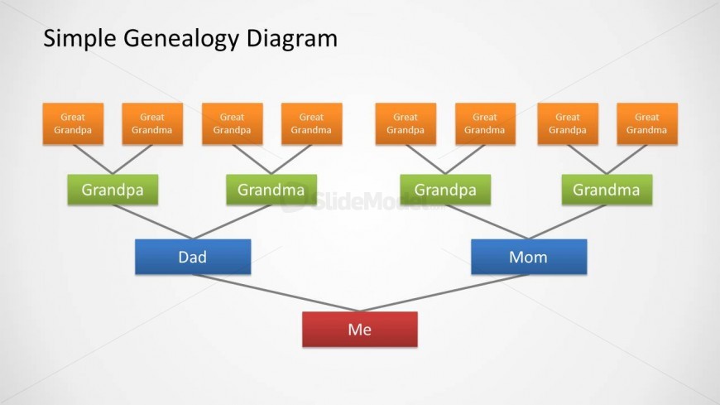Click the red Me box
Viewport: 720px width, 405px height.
359,329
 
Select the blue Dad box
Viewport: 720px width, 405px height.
193,257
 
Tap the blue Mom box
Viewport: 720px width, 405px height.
529,257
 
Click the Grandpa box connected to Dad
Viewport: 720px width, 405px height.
113,190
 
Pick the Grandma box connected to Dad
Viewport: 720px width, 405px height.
271,190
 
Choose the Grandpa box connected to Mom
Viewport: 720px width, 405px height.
445,190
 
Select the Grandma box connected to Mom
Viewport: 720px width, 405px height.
607,190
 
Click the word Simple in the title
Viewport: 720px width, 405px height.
79,39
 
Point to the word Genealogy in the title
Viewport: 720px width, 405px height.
181,39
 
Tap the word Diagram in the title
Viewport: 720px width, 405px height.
292,39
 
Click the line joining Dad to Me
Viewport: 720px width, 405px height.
276,293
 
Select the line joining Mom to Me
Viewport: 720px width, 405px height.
444,293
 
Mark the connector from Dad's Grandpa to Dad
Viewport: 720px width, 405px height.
152,222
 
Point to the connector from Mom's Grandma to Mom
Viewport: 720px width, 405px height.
568,222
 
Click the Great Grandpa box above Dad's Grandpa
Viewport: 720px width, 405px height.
73,123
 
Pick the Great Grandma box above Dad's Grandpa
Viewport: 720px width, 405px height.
152,123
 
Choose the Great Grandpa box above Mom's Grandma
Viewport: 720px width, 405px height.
568,123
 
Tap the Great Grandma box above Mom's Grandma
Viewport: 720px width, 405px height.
647,123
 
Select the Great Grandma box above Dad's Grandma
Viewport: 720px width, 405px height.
312,123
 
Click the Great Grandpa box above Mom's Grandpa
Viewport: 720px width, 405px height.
406,123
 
